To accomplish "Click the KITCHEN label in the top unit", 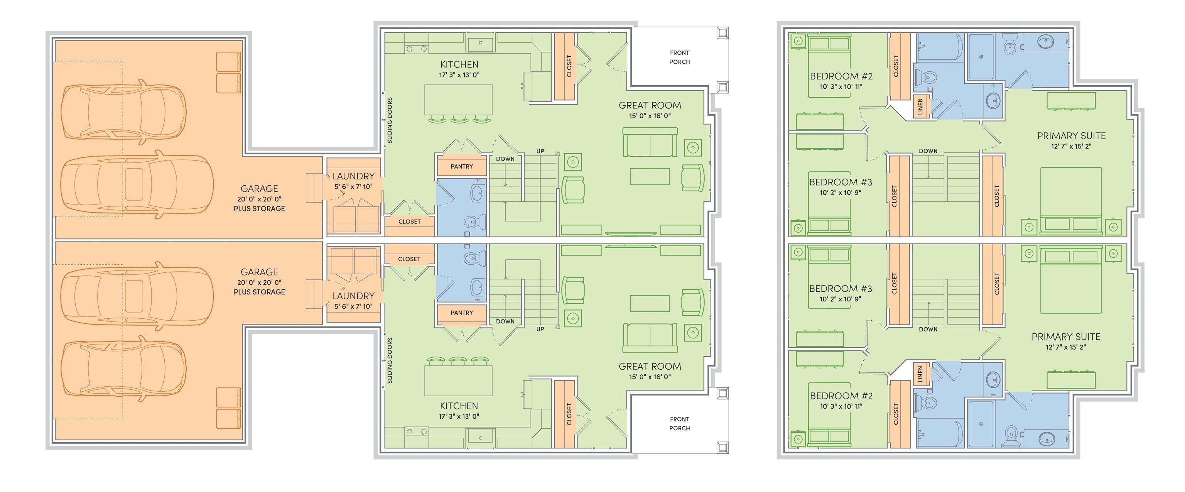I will pyautogui.click(x=459, y=64).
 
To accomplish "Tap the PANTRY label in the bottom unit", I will pyautogui.click(x=461, y=313).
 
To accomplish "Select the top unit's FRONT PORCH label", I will pyautogui.click(x=679, y=57).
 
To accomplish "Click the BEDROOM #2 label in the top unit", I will pyautogui.click(x=834, y=76).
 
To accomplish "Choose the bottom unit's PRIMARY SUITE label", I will pyautogui.click(x=1066, y=336).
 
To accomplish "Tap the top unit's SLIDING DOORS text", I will pyautogui.click(x=390, y=120).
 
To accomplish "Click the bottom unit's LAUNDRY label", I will pyautogui.click(x=353, y=296).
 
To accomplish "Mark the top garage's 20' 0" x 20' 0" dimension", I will pyautogui.click(x=260, y=199).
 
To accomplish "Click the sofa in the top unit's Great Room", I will pyautogui.click(x=650, y=143).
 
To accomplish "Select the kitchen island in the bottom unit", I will pyautogui.click(x=458, y=380).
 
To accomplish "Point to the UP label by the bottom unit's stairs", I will pyautogui.click(x=540, y=329).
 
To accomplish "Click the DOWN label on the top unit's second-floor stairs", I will pyautogui.click(x=928, y=150).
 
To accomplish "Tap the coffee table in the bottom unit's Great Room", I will pyautogui.click(x=650, y=304).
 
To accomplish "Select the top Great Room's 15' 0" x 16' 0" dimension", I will pyautogui.click(x=650, y=116).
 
